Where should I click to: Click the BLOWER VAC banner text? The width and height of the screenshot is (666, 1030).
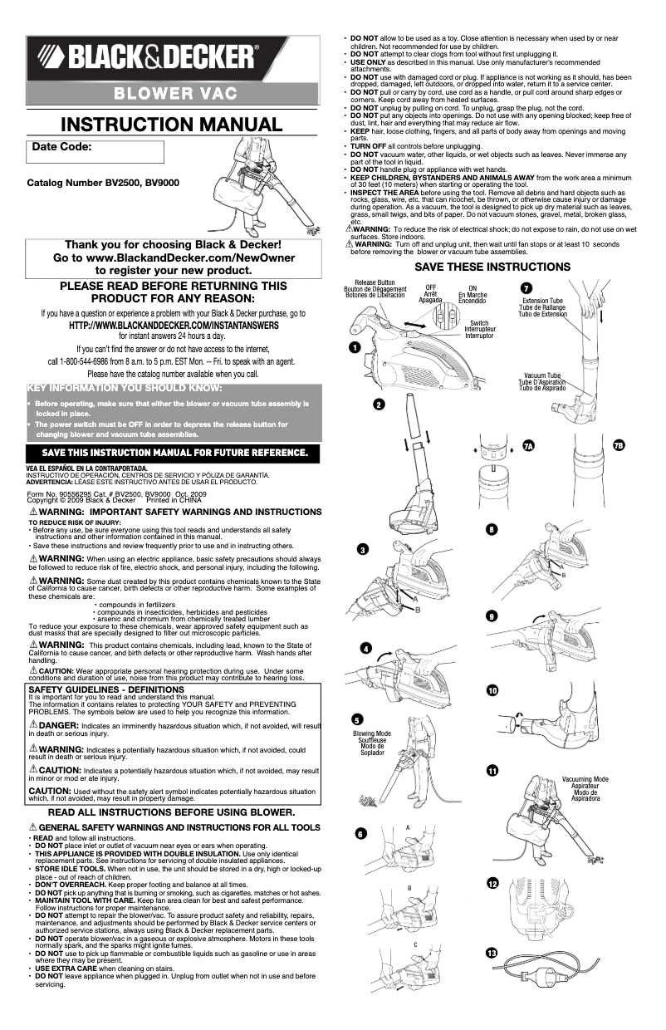pyautogui.click(x=175, y=94)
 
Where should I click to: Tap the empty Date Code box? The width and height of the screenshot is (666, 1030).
pyautogui.click(x=95, y=152)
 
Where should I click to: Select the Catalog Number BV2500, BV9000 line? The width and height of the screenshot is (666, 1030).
pyautogui.click(x=103, y=183)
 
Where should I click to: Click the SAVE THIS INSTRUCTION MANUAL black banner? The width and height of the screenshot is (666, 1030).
pyautogui.click(x=173, y=453)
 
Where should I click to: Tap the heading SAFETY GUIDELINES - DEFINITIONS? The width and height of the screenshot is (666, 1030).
pyautogui.click(x=106, y=689)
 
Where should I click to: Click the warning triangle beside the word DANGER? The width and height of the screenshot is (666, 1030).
pyautogui.click(x=33, y=724)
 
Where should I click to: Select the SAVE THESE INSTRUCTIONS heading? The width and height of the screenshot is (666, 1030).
pyautogui.click(x=492, y=267)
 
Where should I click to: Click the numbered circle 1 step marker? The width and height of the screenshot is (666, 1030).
pyautogui.click(x=355, y=347)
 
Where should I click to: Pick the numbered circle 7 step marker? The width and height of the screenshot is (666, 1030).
pyautogui.click(x=526, y=288)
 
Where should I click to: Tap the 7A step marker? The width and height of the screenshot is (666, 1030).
pyautogui.click(x=529, y=446)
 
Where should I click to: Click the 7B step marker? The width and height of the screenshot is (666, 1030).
pyautogui.click(x=619, y=445)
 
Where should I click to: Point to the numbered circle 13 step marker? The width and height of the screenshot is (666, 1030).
pyautogui.click(x=492, y=954)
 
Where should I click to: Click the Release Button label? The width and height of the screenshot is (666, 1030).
pyautogui.click(x=375, y=282)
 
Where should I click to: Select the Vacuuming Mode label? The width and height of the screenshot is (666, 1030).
pyautogui.click(x=585, y=779)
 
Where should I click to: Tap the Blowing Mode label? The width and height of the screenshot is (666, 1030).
pyautogui.click(x=372, y=733)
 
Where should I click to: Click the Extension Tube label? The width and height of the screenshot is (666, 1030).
pyautogui.click(x=542, y=301)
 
